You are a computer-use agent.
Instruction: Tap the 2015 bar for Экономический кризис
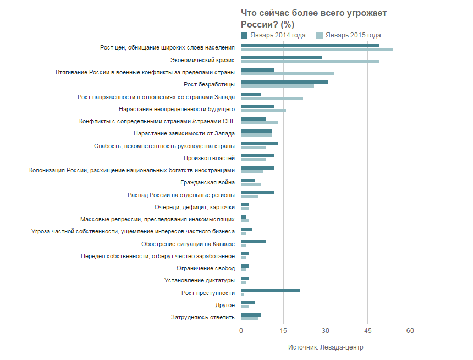(310, 62)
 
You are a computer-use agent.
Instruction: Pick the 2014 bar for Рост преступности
(270, 291)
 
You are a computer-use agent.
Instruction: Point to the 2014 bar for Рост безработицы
(284, 82)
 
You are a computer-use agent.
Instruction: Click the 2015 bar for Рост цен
(317, 50)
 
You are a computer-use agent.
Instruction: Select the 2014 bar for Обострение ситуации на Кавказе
(254, 242)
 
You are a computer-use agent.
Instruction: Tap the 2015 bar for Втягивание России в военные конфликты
(287, 74)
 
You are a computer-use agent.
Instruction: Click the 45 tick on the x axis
(367, 331)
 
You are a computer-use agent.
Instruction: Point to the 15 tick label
(283, 331)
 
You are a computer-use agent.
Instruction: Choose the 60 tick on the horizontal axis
(410, 331)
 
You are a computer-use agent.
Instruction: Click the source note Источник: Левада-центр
(326, 347)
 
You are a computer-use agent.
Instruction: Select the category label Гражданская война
(207, 183)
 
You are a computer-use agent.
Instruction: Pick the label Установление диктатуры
(200, 281)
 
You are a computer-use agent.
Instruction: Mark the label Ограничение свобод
(206, 269)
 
